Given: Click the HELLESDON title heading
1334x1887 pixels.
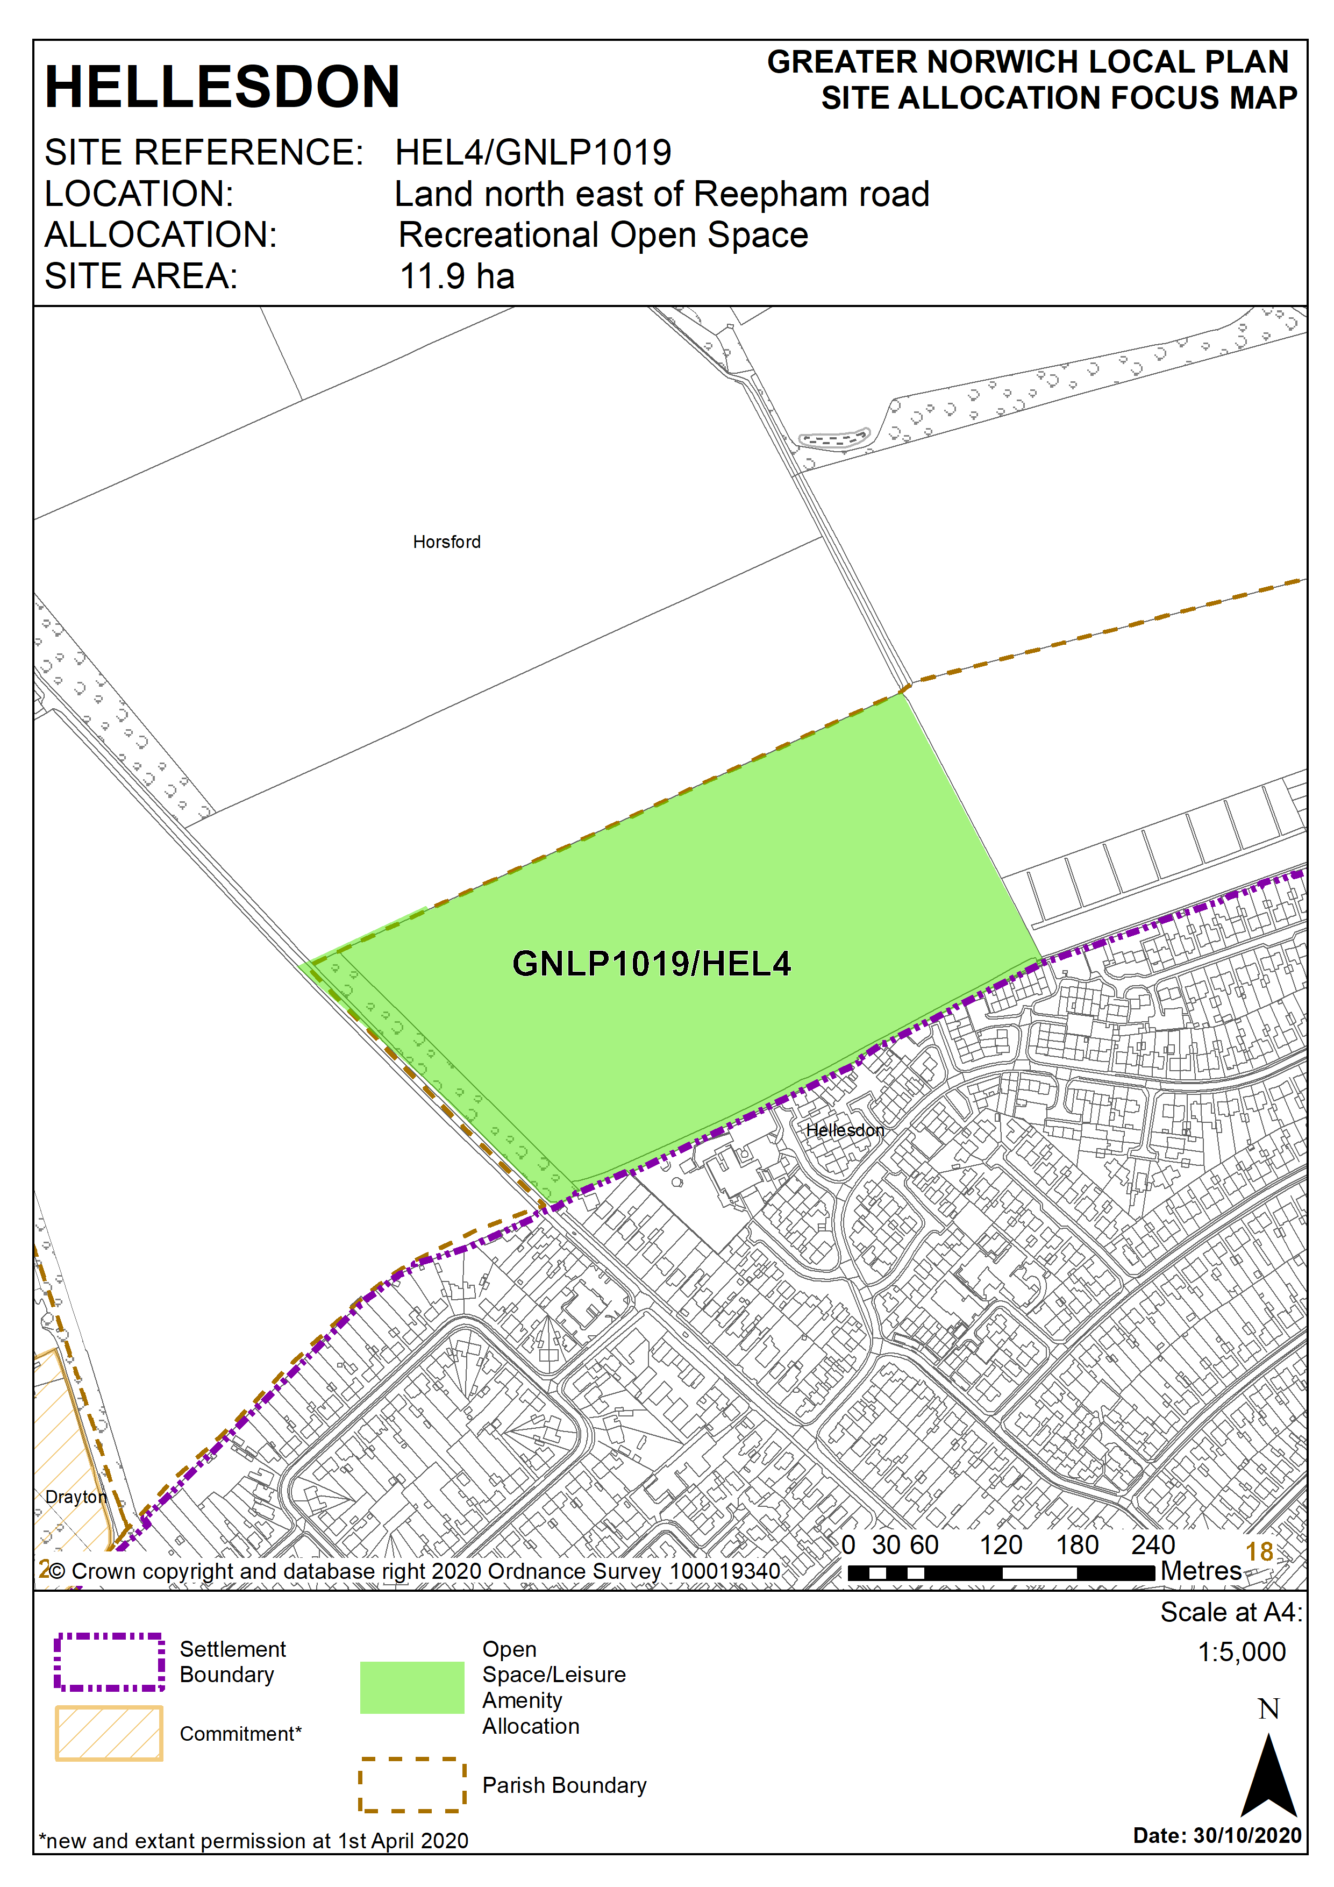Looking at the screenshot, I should pos(222,87).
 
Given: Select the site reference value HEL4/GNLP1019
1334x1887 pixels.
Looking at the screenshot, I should pos(533,153).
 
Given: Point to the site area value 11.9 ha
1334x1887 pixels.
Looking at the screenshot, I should pos(457,276).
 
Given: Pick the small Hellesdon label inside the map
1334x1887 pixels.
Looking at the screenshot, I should pos(845,1130).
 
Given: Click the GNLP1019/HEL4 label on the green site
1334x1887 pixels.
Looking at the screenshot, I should pos(651,964).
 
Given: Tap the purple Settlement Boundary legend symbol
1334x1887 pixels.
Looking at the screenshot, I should pos(109,1662).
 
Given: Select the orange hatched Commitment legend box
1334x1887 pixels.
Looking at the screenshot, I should pos(109,1733).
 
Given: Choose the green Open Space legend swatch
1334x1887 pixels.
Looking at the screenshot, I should pos(412,1687).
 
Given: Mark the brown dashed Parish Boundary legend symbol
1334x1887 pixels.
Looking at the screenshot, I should pos(412,1784).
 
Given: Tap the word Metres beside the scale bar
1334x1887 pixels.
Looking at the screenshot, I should pos(1200,1571).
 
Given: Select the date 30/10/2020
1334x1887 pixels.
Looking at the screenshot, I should pos(1247,1835).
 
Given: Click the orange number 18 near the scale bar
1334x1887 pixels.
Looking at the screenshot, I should pos(1259,1551).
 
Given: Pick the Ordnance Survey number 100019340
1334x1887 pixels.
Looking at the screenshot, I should pos(724,1571).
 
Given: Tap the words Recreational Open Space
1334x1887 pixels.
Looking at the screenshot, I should pos(603,235).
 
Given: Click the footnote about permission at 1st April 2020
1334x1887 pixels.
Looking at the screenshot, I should pos(254,1840).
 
